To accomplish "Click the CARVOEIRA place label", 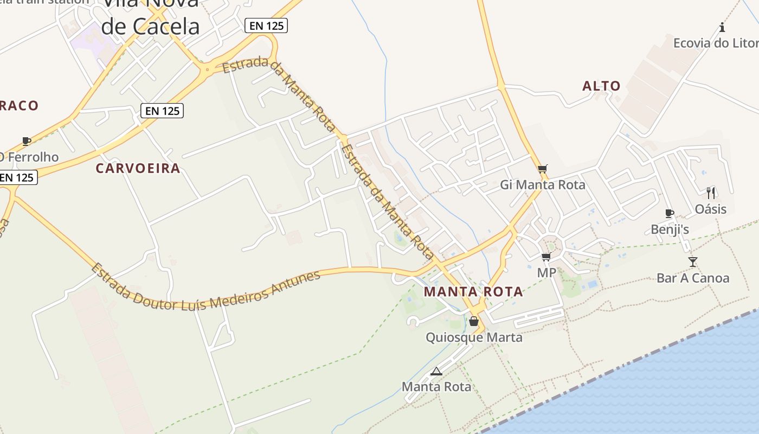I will [x=138, y=168].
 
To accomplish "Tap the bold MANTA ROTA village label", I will [x=473, y=292].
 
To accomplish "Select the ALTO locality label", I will [x=601, y=86].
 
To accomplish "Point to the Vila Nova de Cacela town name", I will [x=150, y=16].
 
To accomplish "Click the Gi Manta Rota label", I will [x=542, y=185].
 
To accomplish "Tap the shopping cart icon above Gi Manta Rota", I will [x=543, y=169].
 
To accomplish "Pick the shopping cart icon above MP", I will [x=546, y=257].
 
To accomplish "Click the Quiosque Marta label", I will [x=474, y=337].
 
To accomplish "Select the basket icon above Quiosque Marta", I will [x=474, y=321].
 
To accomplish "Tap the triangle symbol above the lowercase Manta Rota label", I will [x=436, y=372].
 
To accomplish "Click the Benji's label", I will [x=670, y=229].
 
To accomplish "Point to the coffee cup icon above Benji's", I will [x=670, y=213].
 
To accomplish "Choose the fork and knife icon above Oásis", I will [x=711, y=193].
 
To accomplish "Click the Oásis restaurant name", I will [x=710, y=209].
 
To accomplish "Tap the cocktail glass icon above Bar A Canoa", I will [x=693, y=262].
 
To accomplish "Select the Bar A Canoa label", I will [x=693, y=278].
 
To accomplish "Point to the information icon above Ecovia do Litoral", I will [x=722, y=27].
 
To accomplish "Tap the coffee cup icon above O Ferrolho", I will [x=26, y=141].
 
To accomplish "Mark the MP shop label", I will [x=546, y=272].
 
